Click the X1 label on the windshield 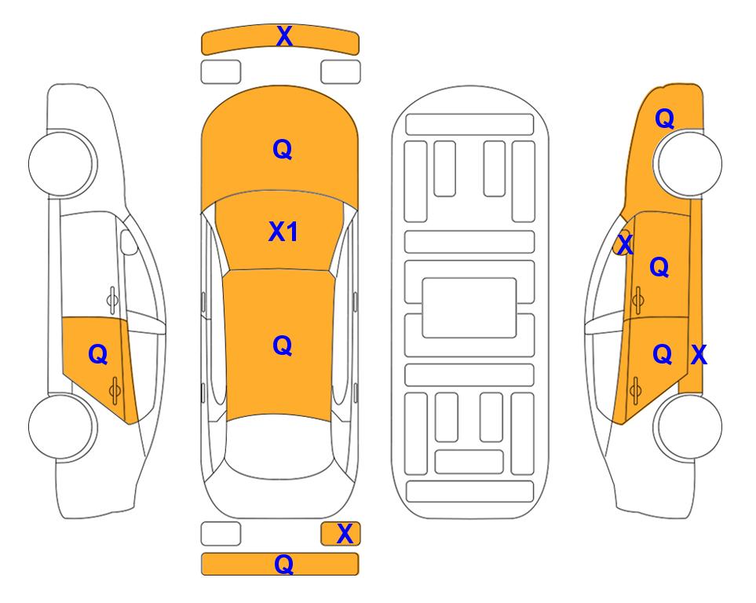pos(283,232)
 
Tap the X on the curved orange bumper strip pos(284,35)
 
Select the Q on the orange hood pos(282,149)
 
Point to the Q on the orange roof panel pos(282,345)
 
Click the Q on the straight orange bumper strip pos(283,564)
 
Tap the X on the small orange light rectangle pos(345,534)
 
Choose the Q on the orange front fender pos(664,119)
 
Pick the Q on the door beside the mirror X pos(659,267)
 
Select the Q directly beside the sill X pos(662,354)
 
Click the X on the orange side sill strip pos(699,355)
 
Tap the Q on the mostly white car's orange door pos(98,355)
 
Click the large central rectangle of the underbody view pos(469,308)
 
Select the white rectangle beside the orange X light pos(221,534)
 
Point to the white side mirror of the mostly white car pos(129,242)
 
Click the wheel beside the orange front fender pos(688,164)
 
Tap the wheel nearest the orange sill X pos(688,426)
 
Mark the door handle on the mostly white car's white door pos(112,300)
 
